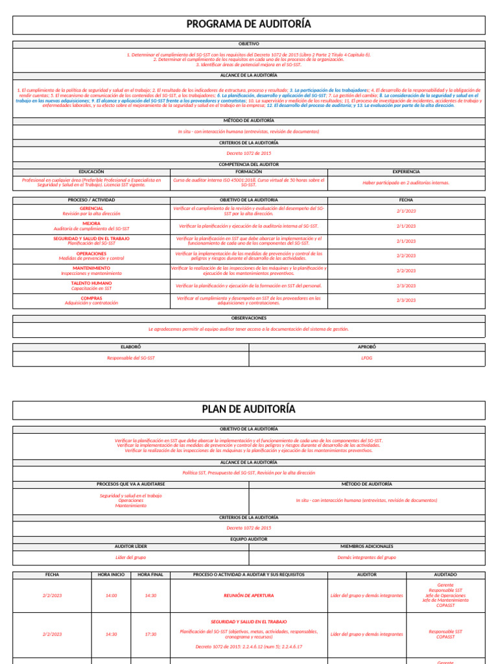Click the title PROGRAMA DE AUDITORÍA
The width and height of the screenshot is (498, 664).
click(x=249, y=25)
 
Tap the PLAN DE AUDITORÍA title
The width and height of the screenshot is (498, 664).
click(x=249, y=409)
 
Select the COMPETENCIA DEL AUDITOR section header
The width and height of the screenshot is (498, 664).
click(x=249, y=165)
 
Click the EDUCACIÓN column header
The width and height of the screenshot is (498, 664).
click(x=91, y=172)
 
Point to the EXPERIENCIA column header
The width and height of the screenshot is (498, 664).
click(x=406, y=172)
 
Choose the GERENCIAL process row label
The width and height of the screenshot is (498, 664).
click(x=91, y=208)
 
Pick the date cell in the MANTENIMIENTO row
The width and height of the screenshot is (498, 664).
click(x=406, y=270)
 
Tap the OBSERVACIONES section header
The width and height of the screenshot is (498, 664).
click(x=249, y=318)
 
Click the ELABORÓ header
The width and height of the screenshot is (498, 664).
click(x=131, y=347)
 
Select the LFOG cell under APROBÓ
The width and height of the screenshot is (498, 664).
click(x=367, y=358)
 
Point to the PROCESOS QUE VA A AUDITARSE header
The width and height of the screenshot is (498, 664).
click(x=131, y=484)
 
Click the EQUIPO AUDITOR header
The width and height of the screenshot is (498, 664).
click(x=249, y=539)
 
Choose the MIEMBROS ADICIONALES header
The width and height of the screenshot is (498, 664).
click(x=367, y=547)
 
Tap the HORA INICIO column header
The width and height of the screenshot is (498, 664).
click(x=111, y=575)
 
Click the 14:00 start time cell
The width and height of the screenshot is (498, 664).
click(x=111, y=595)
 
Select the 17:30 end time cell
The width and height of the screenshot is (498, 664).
click(x=150, y=634)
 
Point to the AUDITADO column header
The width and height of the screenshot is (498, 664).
click(x=445, y=575)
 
